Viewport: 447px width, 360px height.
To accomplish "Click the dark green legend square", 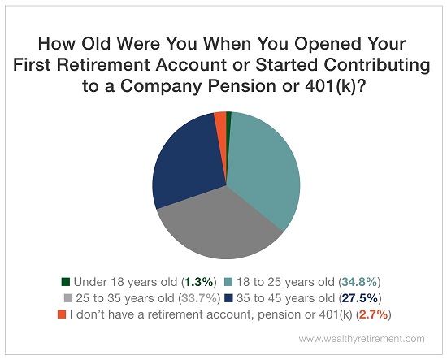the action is coord(66,282).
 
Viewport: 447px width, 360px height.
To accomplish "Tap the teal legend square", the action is coord(228,282).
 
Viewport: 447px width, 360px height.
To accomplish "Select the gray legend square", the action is coord(68,298).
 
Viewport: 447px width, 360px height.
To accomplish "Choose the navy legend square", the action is coord(228,298).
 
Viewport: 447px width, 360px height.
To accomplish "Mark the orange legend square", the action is coord(62,314).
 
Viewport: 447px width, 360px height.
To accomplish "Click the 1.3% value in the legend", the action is coord(199,282).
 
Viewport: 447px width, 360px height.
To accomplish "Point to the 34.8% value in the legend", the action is coord(359,282).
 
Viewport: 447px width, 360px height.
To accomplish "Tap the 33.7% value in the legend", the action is coord(199,298).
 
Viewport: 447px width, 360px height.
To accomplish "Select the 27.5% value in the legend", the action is coord(360,298).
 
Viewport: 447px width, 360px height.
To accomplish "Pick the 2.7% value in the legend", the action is coord(374,314).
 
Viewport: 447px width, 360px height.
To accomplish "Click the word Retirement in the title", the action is coord(103,65).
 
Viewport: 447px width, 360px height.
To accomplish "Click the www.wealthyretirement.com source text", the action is coord(362,339).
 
